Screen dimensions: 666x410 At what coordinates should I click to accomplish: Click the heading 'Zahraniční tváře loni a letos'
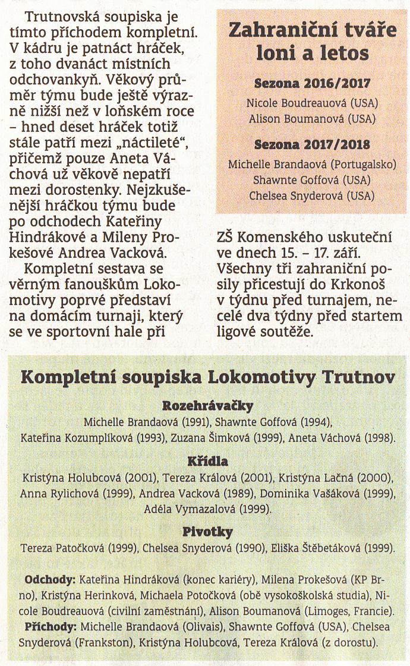click(x=313, y=42)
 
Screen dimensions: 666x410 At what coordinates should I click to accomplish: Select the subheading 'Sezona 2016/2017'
click(x=313, y=84)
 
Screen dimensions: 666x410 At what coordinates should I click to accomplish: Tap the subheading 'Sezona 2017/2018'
click(x=313, y=144)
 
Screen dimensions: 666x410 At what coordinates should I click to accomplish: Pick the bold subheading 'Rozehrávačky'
click(x=207, y=406)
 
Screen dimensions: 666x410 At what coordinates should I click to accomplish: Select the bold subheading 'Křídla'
click(x=207, y=461)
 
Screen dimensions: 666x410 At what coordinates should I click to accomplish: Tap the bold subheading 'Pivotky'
click(x=207, y=531)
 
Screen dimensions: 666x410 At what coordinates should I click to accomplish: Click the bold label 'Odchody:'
click(x=50, y=579)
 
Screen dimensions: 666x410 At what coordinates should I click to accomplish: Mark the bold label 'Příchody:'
click(x=51, y=626)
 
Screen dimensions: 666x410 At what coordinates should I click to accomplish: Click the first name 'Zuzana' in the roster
click(x=188, y=438)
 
